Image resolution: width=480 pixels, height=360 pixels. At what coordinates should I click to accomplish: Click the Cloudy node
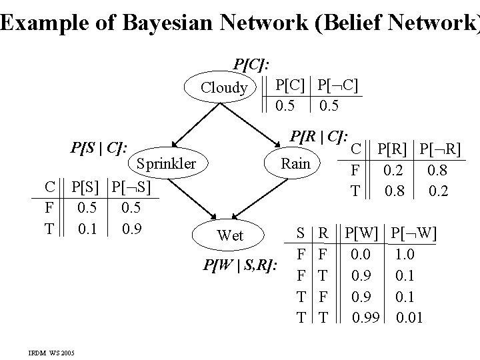224,87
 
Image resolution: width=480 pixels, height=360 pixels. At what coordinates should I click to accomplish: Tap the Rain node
295,163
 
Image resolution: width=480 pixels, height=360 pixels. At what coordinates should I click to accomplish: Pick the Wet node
231,235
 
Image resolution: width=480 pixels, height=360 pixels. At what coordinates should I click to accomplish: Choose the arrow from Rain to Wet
270,197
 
